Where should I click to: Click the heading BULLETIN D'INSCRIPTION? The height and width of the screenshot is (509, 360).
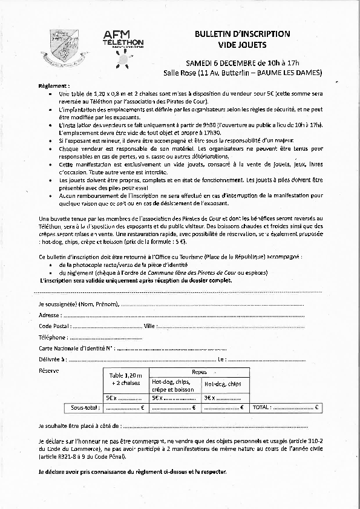(242, 34)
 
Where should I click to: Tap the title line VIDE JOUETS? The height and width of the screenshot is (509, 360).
(242, 45)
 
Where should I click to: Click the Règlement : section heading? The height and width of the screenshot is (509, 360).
(54, 87)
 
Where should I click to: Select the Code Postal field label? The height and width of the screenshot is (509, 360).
(54, 326)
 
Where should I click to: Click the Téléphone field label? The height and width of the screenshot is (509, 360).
(53, 337)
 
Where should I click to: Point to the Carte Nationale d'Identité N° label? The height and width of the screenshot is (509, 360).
(76, 349)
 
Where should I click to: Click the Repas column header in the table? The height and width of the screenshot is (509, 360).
(199, 372)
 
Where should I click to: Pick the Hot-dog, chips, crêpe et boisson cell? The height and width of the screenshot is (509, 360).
(173, 386)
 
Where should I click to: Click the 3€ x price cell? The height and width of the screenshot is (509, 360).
(211, 398)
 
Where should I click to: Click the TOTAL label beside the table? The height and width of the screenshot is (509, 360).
(261, 408)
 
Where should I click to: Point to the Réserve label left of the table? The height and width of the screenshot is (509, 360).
(48, 370)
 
